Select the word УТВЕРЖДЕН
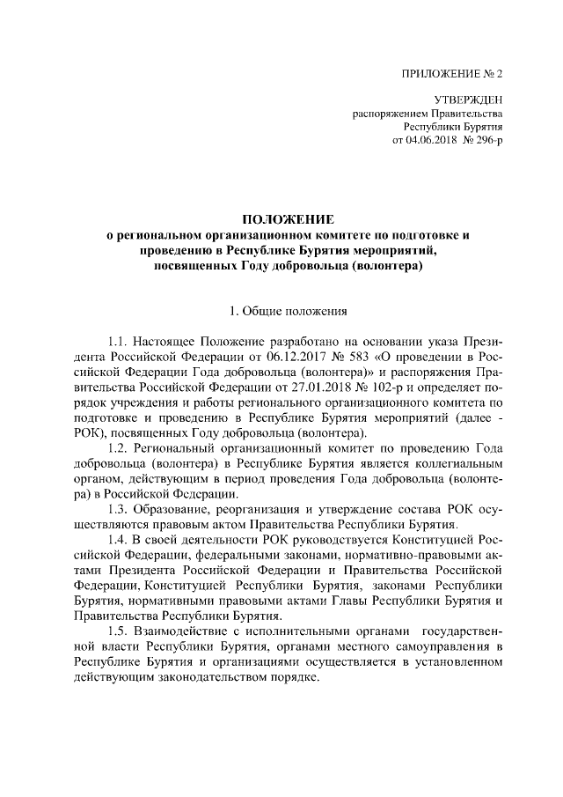(469, 100)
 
